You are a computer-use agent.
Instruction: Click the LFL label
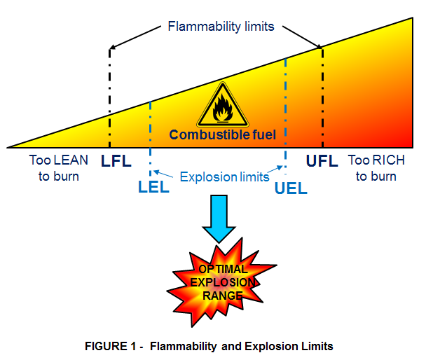116,162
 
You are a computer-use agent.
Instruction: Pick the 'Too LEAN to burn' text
59,168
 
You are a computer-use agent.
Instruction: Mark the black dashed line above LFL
110,91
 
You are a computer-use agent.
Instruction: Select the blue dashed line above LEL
150,133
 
